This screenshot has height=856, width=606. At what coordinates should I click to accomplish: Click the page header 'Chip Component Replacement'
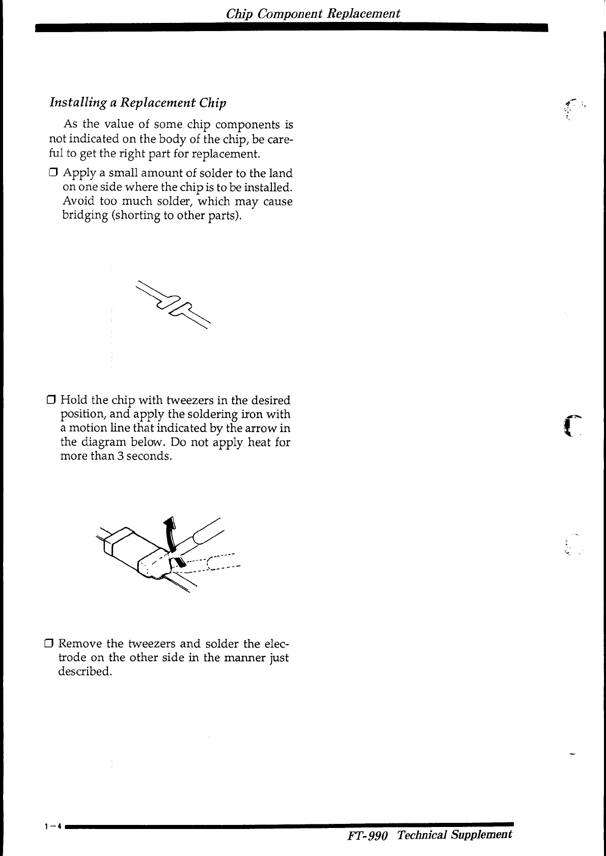313,14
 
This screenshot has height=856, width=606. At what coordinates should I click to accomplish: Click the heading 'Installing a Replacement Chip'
137,102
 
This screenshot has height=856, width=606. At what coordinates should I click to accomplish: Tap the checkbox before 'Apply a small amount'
53,173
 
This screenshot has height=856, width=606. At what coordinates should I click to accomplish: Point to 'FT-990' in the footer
368,835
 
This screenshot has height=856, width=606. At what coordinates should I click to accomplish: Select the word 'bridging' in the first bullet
85,216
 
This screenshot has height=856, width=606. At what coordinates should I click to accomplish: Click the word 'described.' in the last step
85,671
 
